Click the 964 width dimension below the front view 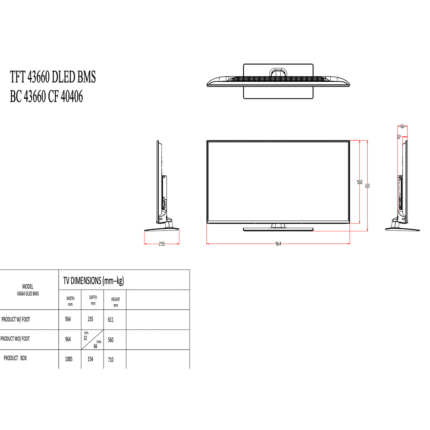pos(278,244)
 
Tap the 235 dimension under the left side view pos(162,244)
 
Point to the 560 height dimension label pos(359,182)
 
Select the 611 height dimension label pos(367,186)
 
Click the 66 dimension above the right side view pos(402,126)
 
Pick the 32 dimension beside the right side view pos(399,137)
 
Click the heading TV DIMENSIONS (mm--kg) pos(94,281)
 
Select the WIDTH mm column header pos(70,301)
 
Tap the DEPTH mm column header pos(93,300)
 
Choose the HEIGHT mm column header pos(116,302)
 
